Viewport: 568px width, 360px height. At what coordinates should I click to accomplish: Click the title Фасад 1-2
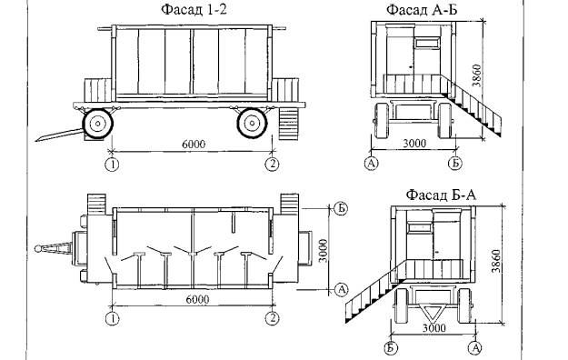click(x=194, y=9)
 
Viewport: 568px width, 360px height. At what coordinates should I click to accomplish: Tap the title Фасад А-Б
click(x=422, y=9)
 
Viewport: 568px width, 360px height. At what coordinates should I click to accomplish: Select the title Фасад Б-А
click(x=441, y=195)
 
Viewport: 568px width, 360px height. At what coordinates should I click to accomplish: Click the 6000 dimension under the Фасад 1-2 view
click(x=193, y=144)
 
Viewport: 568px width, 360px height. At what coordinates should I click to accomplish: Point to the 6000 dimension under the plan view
click(x=197, y=299)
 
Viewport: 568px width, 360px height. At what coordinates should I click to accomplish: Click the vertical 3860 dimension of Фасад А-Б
click(x=477, y=75)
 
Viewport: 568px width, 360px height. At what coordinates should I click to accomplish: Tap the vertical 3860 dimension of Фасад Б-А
click(x=496, y=261)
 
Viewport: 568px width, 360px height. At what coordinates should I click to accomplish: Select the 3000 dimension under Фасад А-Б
click(x=414, y=144)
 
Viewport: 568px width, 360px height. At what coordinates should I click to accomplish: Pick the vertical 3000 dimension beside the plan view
click(x=324, y=251)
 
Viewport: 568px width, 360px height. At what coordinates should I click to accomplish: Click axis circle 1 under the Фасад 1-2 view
click(x=112, y=165)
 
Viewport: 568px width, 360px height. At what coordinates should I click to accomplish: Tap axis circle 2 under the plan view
click(x=273, y=319)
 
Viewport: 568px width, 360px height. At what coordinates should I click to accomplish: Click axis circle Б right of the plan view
click(x=341, y=208)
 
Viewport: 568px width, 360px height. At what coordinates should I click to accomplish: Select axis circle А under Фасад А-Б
click(x=371, y=163)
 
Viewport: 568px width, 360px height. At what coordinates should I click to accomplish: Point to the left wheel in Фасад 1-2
click(x=98, y=124)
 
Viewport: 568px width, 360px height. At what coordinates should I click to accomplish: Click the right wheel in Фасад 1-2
click(x=252, y=124)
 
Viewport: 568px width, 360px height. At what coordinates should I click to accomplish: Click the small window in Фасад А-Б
click(x=428, y=44)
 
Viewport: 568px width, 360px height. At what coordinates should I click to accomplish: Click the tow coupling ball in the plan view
click(x=38, y=249)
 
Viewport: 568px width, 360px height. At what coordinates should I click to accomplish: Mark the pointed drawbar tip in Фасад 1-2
click(x=36, y=140)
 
